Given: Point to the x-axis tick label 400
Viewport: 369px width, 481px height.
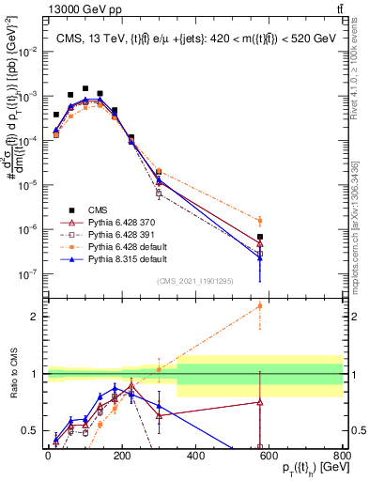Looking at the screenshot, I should pos(195,457).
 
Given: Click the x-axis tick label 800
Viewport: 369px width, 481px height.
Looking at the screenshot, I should pos(342,457).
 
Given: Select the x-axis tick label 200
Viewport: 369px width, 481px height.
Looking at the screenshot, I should pos(121,457).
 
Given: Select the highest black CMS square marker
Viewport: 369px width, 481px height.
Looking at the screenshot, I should pos(85,88).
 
